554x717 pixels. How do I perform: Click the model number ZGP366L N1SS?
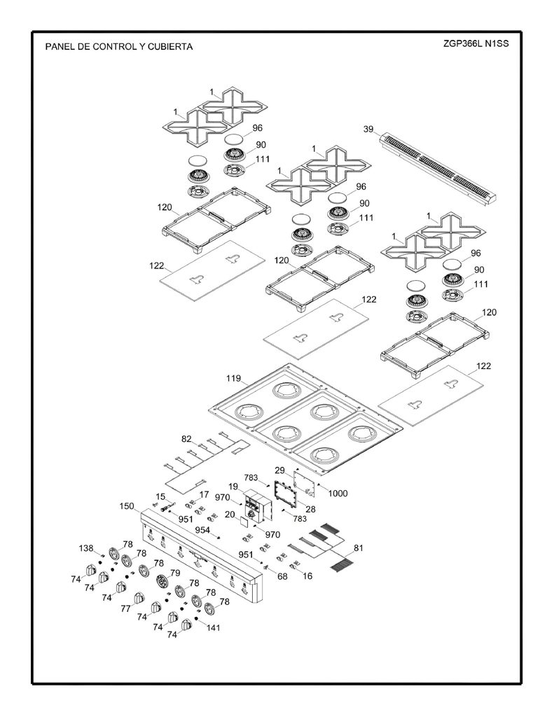pos(476,44)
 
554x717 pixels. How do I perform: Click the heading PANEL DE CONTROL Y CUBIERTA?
pos(119,47)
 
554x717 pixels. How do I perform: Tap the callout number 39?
pos(368,129)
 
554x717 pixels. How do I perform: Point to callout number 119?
pos(233,378)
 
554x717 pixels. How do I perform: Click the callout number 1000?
pos(338,494)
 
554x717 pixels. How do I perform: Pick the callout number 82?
pos(186,439)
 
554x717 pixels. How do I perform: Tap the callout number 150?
pos(127,506)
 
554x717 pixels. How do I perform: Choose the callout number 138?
pos(86,548)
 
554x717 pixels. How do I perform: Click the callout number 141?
pos(213,627)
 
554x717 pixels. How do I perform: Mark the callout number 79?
pos(175,573)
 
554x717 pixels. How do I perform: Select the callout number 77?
pos(126,608)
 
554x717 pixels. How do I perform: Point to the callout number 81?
pos(358,548)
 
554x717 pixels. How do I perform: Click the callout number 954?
pos(202,530)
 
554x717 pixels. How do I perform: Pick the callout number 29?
pos(279,470)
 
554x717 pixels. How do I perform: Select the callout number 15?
pos(160,496)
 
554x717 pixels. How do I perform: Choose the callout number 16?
pos(307,576)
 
